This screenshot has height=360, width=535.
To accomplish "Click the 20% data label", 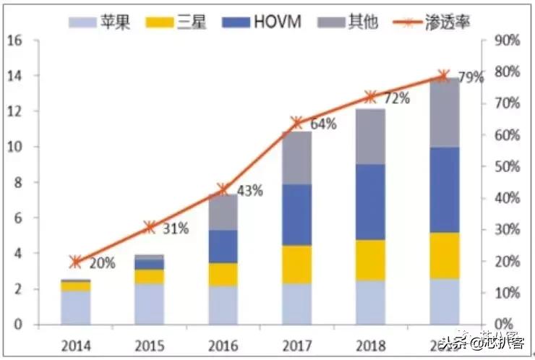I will tap(102, 263).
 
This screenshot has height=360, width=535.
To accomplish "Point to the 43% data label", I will tap(249, 192).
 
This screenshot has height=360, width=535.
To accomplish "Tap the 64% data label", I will tap(322, 124).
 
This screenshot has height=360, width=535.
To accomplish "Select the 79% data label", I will tap(471, 77).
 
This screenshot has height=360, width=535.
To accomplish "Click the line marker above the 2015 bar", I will tap(150, 227).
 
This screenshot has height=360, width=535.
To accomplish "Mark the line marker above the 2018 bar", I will tap(370, 97).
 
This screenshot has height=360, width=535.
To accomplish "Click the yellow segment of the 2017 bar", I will tap(296, 265).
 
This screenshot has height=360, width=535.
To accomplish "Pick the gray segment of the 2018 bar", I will tap(370, 137).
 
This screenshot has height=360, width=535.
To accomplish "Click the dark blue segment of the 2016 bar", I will tap(223, 247).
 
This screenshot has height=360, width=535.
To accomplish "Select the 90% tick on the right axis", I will tap(507, 40).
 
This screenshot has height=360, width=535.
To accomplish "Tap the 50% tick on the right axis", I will tap(507, 166).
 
